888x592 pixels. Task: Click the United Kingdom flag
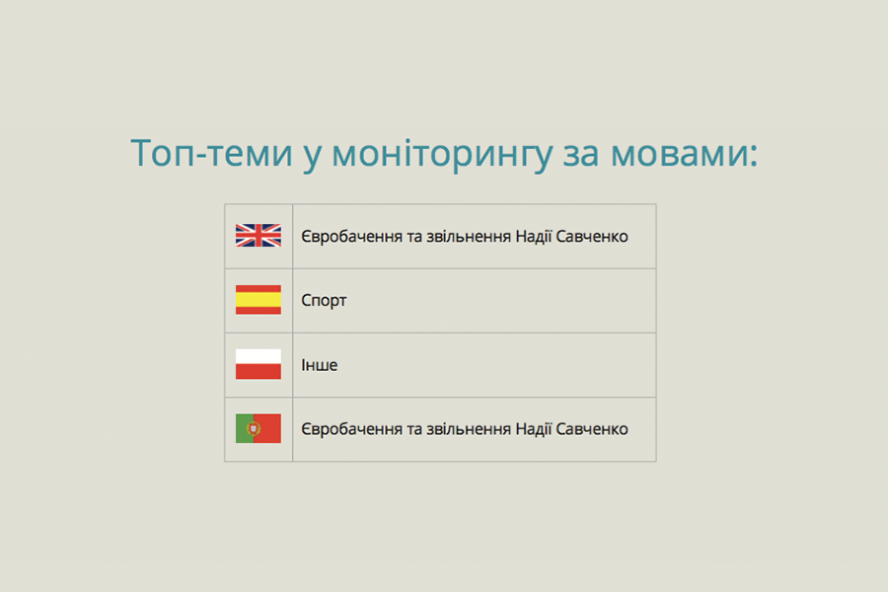259,235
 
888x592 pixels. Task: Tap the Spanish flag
259,300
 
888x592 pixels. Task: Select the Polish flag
259,364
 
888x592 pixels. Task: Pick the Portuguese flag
259,428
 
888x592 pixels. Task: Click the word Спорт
324,301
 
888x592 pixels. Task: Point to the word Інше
319,365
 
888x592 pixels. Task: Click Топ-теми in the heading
211,153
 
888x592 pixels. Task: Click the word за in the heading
580,155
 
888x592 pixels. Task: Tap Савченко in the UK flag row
592,236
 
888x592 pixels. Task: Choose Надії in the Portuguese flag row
533,429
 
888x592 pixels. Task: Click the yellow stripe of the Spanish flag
259,300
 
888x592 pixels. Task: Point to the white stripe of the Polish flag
259,356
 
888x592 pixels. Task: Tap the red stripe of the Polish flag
259,372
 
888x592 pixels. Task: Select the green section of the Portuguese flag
243,428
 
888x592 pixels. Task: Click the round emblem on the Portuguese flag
254,428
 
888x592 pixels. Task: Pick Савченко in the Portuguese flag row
592,429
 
